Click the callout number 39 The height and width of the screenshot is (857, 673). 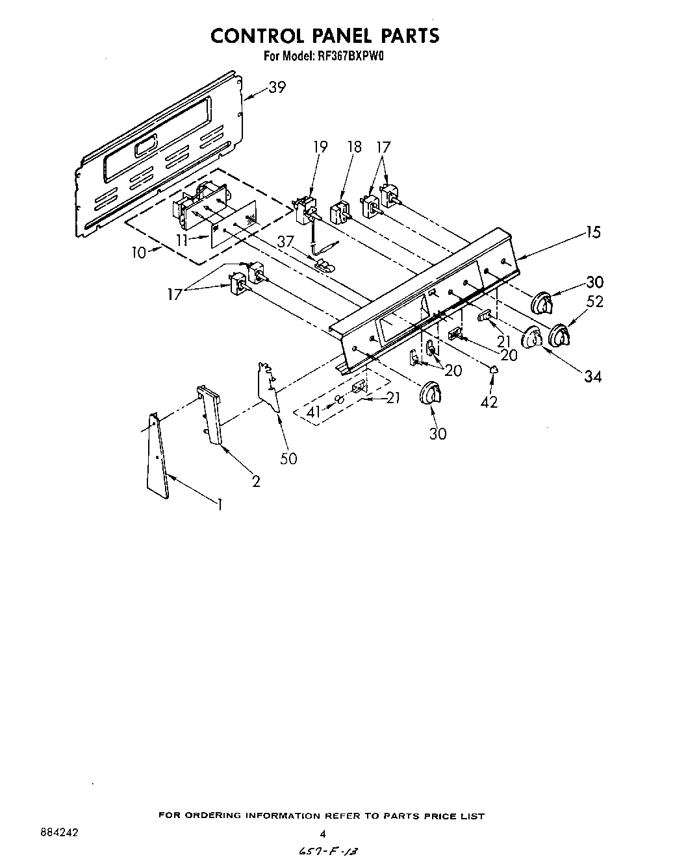coord(277,87)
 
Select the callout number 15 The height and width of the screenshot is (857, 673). coord(592,232)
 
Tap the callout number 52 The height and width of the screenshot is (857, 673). coord(594,301)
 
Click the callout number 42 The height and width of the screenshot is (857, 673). coord(489,402)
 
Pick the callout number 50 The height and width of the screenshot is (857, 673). coord(288,458)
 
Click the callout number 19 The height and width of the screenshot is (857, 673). coord(320,147)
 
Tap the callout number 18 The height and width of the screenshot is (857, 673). coord(354,147)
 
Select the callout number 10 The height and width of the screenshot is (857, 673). coord(139,252)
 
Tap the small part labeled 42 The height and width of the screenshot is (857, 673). coord(494,369)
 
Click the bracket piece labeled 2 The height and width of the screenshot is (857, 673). coord(210,415)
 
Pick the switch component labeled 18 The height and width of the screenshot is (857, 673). coord(340,212)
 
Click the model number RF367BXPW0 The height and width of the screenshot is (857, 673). coord(351,56)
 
